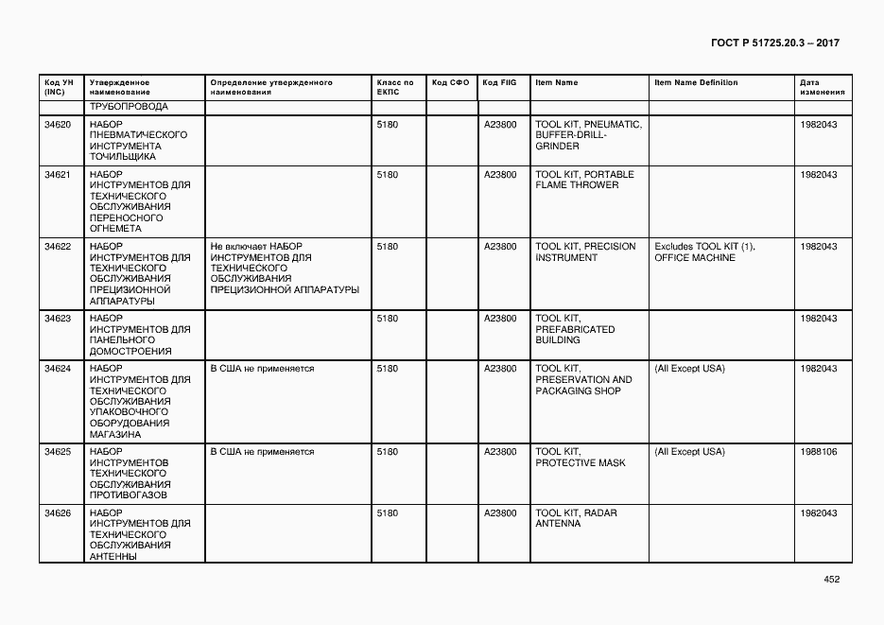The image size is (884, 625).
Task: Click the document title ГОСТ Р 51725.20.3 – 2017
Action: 773,43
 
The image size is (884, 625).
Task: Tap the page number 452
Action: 831,579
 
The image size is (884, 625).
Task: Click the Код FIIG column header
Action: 499,83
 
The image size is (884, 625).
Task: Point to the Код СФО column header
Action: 450,83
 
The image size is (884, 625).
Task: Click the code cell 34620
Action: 58,125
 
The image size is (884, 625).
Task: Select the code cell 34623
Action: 58,319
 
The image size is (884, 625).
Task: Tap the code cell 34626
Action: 58,513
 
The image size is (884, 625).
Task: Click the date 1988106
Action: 818,452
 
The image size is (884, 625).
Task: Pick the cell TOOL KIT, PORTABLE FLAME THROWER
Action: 584,180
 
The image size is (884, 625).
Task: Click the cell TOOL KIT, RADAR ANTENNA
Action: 576,518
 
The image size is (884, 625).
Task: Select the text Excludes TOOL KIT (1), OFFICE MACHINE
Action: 704,252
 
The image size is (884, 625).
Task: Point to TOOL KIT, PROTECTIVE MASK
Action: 580,458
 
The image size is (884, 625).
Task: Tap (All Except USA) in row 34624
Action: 689,369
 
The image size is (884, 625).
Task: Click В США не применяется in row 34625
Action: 262,452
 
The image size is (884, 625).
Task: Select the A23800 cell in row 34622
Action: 500,247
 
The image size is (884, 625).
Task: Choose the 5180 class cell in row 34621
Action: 387,175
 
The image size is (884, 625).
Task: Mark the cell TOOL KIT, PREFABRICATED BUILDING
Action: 575,329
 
